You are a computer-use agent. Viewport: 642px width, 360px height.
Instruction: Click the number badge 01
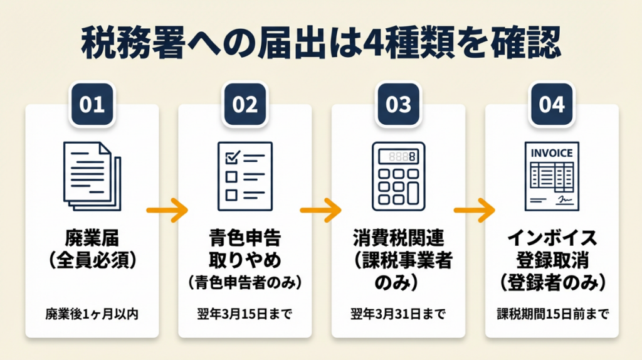point(92,104)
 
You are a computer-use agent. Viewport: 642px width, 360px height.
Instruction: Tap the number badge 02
point(245,104)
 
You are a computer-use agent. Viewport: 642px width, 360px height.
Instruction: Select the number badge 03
point(398,104)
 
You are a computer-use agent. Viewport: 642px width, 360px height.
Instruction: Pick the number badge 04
point(552,104)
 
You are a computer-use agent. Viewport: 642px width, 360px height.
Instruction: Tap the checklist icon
point(245,176)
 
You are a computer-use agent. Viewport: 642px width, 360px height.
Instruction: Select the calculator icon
point(398,176)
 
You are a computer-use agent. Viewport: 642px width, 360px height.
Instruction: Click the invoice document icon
point(552,176)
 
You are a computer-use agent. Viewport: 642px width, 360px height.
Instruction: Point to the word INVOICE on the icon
point(552,152)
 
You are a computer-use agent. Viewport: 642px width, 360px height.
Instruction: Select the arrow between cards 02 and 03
point(321,209)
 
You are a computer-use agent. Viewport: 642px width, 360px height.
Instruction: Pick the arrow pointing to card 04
point(475,209)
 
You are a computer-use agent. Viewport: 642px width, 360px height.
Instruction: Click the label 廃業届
point(92,238)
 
